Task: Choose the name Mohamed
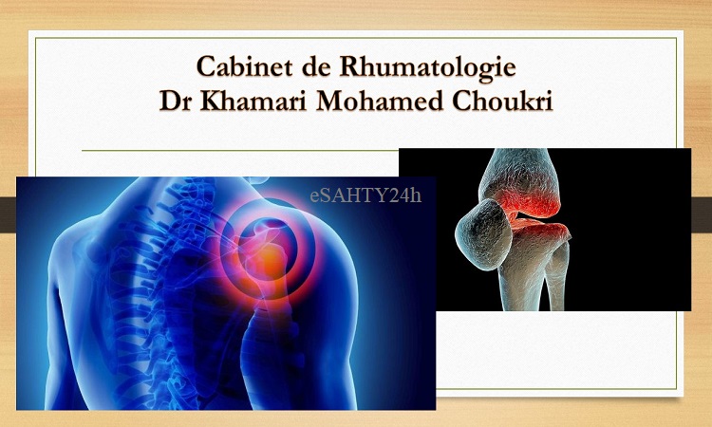(379, 101)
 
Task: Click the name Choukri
(502, 101)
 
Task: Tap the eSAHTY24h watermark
(365, 195)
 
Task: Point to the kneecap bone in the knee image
(483, 233)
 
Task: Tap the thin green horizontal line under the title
(240, 150)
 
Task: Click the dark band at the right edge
(702, 213)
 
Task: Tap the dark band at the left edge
(8, 213)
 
